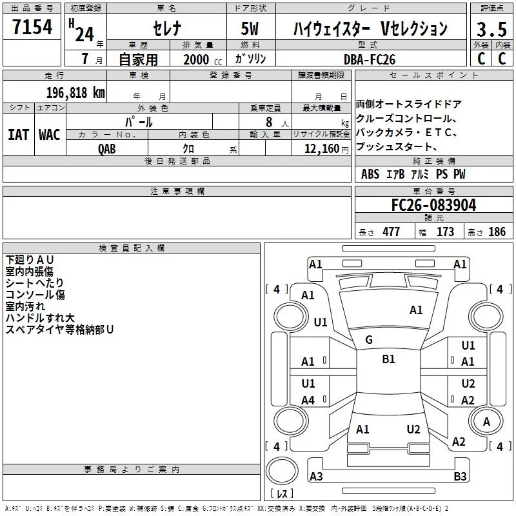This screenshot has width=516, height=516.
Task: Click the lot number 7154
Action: click(32, 26)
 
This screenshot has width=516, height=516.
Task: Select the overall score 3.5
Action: click(491, 29)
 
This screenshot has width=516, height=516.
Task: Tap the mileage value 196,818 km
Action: click(75, 93)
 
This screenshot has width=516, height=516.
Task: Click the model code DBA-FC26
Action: click(369, 59)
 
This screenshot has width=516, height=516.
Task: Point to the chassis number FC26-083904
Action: click(433, 205)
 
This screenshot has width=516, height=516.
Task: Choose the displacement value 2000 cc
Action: click(203, 59)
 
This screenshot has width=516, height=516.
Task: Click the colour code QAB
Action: click(107, 149)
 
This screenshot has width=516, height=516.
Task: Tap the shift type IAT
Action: click(18, 135)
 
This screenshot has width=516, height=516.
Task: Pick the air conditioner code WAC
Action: click(50, 135)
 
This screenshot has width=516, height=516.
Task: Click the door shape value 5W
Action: click(250, 28)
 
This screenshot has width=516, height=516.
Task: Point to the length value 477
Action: click(392, 232)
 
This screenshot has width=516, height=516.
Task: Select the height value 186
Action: click(497, 232)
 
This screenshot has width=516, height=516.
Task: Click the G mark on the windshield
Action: click(369, 340)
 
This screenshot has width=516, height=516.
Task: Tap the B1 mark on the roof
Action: click(388, 359)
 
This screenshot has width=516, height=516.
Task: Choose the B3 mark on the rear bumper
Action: click(460, 476)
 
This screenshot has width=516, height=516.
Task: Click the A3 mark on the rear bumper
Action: click(316, 476)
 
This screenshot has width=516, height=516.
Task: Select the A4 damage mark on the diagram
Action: click(308, 400)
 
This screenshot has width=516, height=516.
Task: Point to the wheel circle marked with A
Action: click(486, 422)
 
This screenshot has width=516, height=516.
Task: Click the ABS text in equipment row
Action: click(370, 174)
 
